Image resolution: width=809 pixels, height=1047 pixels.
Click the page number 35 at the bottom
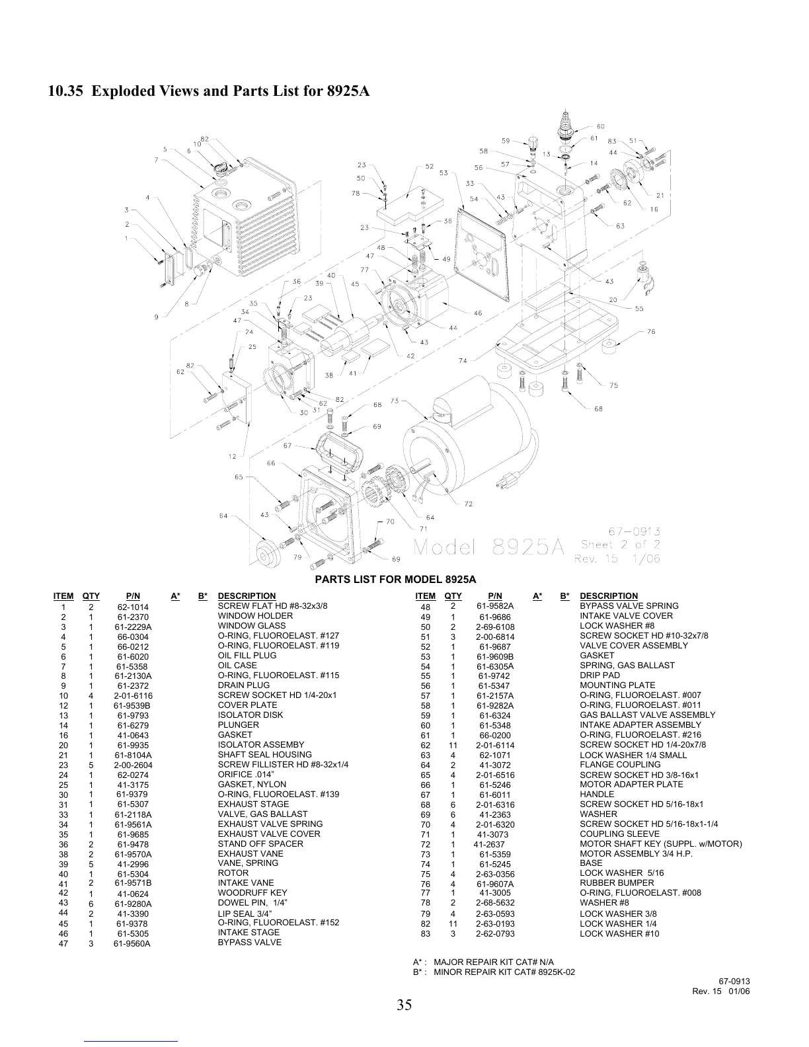pyautogui.click(x=404, y=1005)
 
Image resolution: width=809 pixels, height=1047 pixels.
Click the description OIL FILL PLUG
pyautogui.click(x=247, y=656)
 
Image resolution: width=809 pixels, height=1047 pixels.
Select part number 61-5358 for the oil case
pyautogui.click(x=133, y=667)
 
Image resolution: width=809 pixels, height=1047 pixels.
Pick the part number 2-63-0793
pyautogui.click(x=495, y=934)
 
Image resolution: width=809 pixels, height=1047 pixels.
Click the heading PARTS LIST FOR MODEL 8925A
pyautogui.click(x=395, y=580)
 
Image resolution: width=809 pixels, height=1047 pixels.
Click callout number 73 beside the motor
pyautogui.click(x=395, y=401)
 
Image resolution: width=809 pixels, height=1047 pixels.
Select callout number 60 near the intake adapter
pyautogui.click(x=601, y=126)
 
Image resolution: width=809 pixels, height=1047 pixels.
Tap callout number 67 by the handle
pyautogui.click(x=288, y=446)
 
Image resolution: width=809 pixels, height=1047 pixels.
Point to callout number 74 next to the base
pyautogui.click(x=463, y=361)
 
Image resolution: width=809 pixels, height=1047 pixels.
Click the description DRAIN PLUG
pyautogui.click(x=244, y=685)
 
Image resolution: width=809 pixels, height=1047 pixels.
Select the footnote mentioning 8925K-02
pyautogui.click(x=488, y=972)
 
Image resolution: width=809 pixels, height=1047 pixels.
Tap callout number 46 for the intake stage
pyautogui.click(x=478, y=313)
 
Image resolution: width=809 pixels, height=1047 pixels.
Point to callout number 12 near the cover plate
pyautogui.click(x=232, y=457)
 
